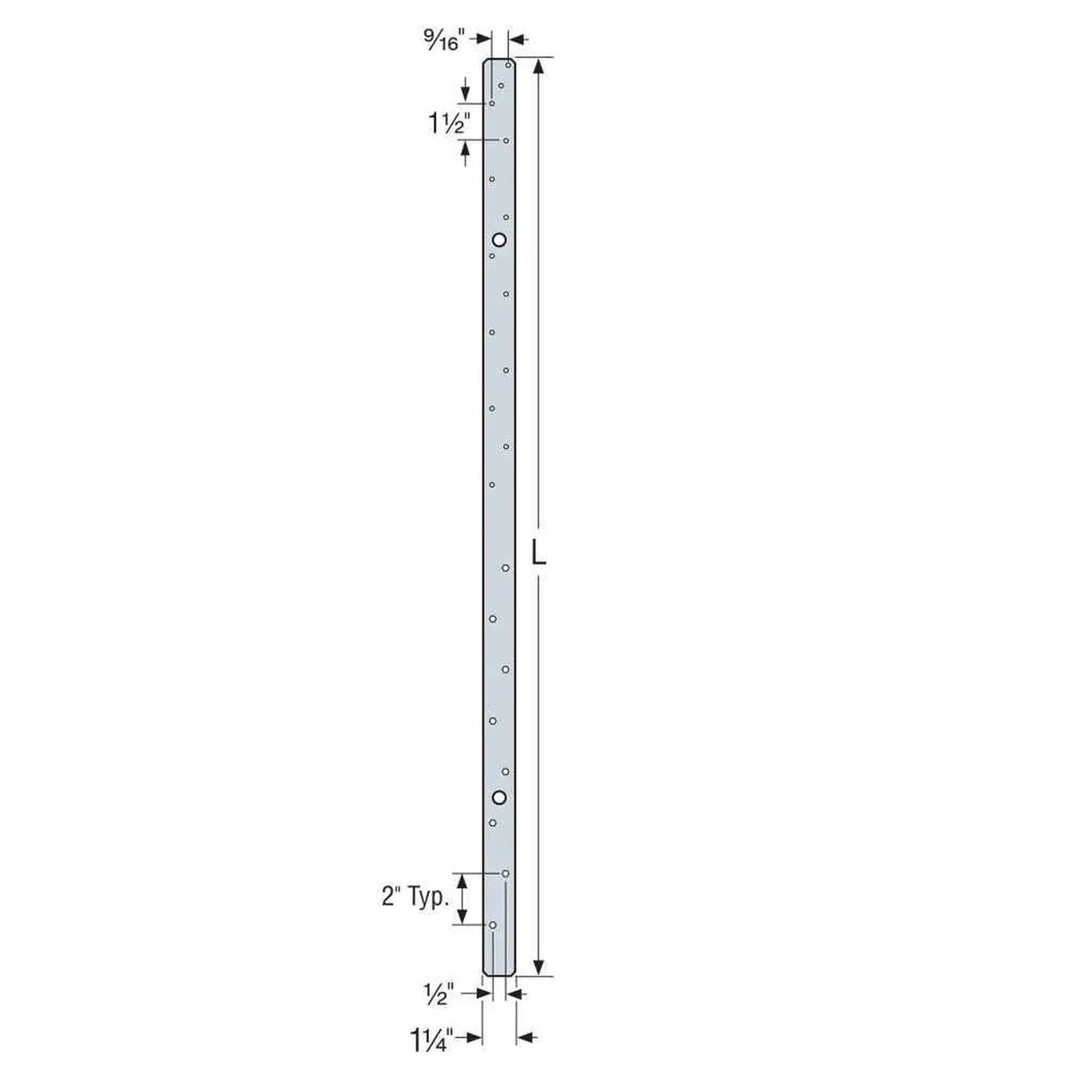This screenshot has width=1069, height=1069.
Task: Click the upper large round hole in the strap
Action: [499, 240]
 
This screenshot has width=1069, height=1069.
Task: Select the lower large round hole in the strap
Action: [499, 797]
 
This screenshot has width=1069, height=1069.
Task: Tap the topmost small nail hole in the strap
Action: [509, 66]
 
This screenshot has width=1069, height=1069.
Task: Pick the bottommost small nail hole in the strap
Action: [493, 925]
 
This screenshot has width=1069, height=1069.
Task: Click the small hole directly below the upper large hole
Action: [492, 256]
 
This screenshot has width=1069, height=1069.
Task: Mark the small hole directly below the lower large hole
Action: [493, 823]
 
